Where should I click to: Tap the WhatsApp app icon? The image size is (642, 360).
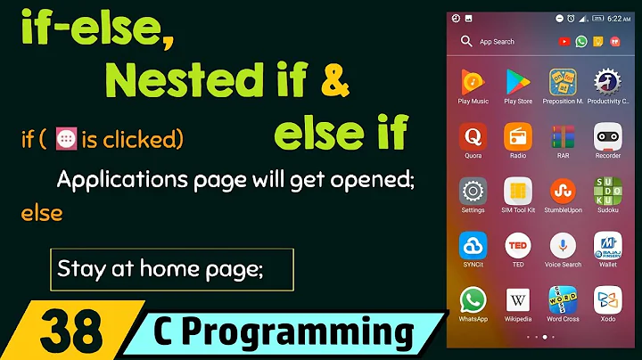[x=473, y=299]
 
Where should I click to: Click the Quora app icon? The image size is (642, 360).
[x=473, y=136]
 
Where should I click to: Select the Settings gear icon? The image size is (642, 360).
[x=473, y=191]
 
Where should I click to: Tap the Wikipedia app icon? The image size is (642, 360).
[x=518, y=299]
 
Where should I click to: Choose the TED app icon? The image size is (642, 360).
[x=518, y=245]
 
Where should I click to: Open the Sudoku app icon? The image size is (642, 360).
[x=608, y=191]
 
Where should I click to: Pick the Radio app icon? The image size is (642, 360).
[x=518, y=136]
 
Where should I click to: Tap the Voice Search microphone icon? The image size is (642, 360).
[x=563, y=245]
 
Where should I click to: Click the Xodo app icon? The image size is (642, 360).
[x=608, y=299]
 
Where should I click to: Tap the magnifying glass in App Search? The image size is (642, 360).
[x=465, y=41]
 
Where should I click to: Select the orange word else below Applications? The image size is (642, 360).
[x=41, y=214]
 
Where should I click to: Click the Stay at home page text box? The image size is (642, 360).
[x=170, y=268]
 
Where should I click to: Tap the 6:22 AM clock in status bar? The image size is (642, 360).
[x=619, y=18]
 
